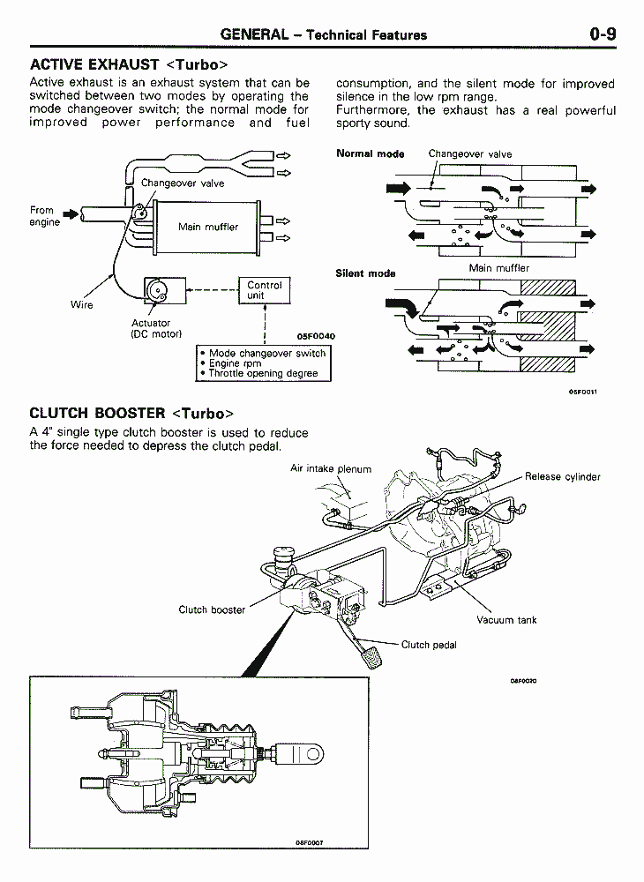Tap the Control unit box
264,291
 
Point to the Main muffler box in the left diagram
207,227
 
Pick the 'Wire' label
82,305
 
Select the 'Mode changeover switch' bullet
266,353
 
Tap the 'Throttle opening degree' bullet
263,373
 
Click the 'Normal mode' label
370,153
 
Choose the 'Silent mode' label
365,273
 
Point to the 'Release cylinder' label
562,477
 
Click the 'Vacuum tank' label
506,620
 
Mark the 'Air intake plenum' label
331,469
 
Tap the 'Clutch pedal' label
429,645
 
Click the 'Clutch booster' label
212,609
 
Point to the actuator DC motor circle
157,290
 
